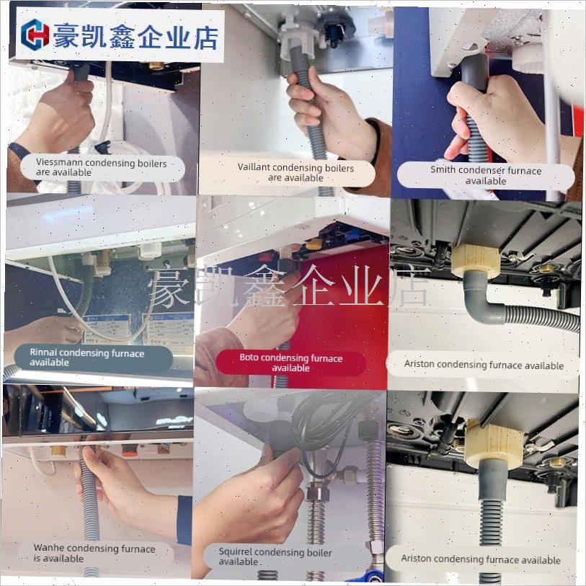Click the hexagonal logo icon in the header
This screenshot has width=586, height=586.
point(35,34)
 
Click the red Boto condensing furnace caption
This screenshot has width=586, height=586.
point(291,363)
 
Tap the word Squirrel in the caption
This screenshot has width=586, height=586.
point(239,553)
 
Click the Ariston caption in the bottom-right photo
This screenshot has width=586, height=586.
point(481,559)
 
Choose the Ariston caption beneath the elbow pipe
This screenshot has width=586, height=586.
point(484,365)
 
